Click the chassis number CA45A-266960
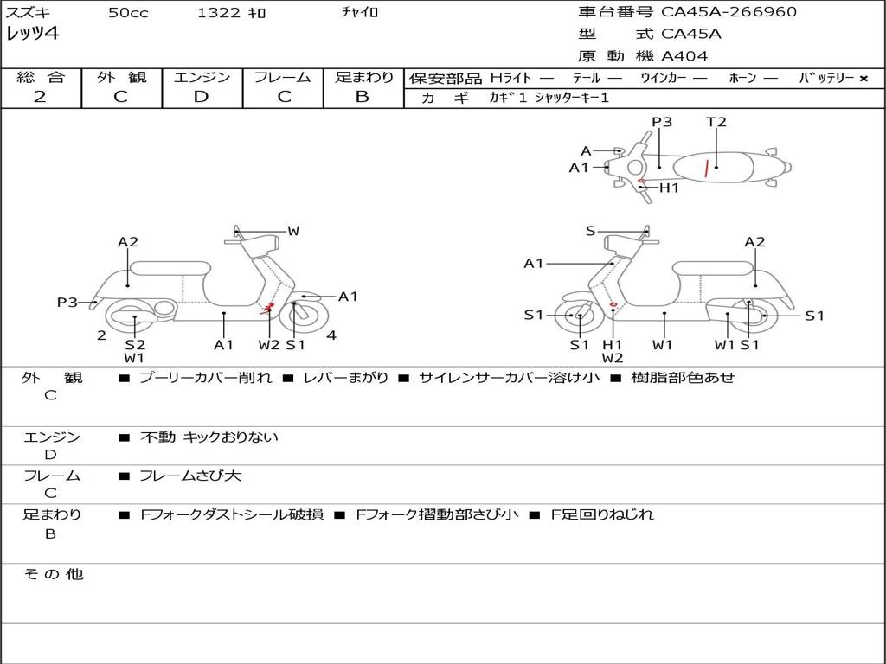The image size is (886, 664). pyautogui.click(x=729, y=12)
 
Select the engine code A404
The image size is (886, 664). pyautogui.click(x=684, y=56)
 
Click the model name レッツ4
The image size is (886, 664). pyautogui.click(x=33, y=35)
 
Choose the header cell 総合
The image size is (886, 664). pyautogui.click(x=41, y=77)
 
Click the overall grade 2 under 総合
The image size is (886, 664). pyautogui.click(x=40, y=97)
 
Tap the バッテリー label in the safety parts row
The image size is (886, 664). pyautogui.click(x=826, y=78)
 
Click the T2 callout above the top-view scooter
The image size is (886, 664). pyautogui.click(x=716, y=122)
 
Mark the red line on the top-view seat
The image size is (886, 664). pyautogui.click(x=708, y=168)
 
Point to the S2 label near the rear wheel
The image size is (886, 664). pyautogui.click(x=135, y=344)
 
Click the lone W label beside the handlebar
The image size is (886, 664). pyautogui.click(x=293, y=231)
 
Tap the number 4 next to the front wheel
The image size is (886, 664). pyautogui.click(x=331, y=335)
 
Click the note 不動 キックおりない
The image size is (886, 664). pyautogui.click(x=209, y=437)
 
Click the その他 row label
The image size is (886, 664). pyautogui.click(x=53, y=574)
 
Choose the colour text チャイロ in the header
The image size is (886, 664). pyautogui.click(x=361, y=13)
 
